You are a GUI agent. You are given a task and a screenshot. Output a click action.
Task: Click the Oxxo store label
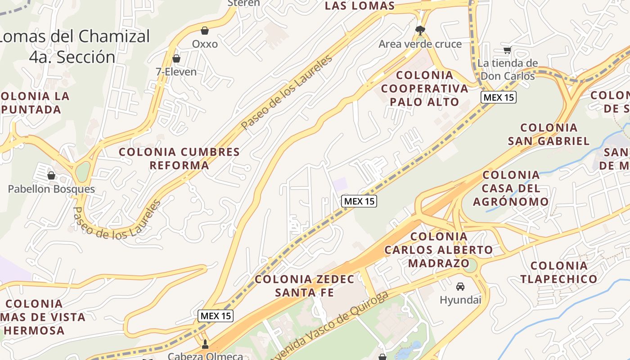205,44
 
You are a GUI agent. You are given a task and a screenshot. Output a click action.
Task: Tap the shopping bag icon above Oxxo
205,31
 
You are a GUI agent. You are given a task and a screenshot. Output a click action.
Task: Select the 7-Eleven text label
176,72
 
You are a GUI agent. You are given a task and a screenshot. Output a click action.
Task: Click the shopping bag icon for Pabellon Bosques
51,175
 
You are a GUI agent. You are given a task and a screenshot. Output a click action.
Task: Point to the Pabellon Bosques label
51,189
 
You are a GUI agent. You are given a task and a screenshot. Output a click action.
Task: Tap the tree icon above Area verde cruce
420,31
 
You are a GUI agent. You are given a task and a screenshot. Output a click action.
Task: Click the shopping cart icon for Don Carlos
508,50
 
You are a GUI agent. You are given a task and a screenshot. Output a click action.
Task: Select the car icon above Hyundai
460,286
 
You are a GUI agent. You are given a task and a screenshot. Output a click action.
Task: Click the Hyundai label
460,300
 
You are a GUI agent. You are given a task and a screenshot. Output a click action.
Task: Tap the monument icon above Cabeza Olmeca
206,345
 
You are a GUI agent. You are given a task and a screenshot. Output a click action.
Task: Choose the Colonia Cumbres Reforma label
179,158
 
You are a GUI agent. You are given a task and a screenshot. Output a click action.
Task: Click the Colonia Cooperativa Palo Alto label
424,88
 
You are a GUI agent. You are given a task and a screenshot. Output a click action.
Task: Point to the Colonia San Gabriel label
549,134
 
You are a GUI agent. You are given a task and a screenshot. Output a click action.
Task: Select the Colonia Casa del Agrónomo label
511,188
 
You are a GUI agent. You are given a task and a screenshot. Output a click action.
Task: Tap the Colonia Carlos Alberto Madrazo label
439,249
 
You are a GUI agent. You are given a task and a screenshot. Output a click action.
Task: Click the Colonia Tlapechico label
559,272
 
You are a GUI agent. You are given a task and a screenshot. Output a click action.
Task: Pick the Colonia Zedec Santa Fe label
305,286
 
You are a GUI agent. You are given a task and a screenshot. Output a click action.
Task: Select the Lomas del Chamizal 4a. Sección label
74,46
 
